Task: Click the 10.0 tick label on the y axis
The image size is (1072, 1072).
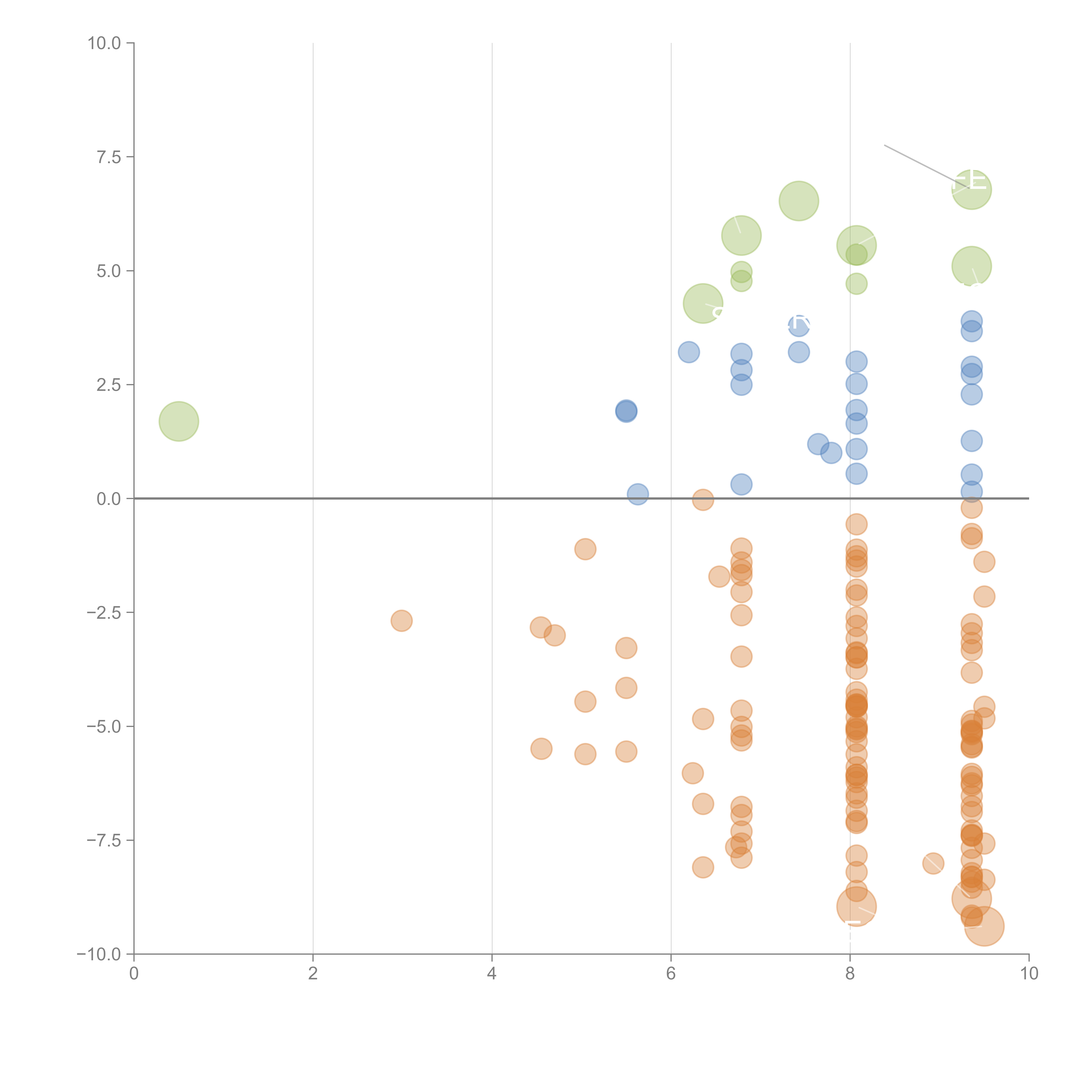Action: tap(104, 43)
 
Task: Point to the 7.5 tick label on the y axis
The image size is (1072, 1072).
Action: tap(109, 157)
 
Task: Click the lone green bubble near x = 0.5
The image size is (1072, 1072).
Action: tap(179, 421)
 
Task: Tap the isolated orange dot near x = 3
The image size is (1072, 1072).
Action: tap(401, 620)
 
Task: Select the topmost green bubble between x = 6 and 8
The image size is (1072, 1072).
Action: tap(798, 201)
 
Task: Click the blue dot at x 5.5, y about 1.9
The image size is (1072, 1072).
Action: tap(626, 411)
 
